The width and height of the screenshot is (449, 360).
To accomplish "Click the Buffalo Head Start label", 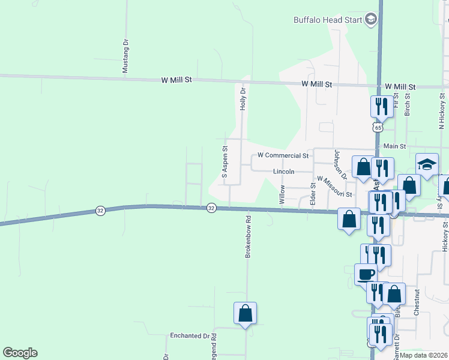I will click(x=328, y=20).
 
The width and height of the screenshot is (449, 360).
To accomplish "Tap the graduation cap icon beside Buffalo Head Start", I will click(x=371, y=20).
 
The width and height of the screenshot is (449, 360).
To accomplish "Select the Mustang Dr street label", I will click(x=125, y=56).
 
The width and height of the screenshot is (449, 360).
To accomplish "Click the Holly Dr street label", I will click(x=243, y=98).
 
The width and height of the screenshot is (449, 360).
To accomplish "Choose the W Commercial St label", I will click(x=283, y=155).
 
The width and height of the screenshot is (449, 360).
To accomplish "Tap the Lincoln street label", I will click(x=284, y=172).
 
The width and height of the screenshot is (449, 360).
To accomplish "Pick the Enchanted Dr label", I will click(x=193, y=336).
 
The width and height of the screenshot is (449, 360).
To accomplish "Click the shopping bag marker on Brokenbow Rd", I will click(x=245, y=313).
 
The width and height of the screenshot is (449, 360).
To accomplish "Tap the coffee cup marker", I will click(x=366, y=275).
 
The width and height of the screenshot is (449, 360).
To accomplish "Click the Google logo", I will click(x=20, y=353).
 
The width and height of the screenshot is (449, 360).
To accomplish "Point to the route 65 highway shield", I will click(x=377, y=127).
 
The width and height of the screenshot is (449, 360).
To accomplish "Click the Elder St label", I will click(x=313, y=194).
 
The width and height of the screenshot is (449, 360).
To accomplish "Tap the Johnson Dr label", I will click(x=340, y=165).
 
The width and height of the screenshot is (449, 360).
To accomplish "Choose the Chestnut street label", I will click(x=416, y=304).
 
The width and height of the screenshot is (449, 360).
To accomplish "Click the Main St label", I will click(x=395, y=146).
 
